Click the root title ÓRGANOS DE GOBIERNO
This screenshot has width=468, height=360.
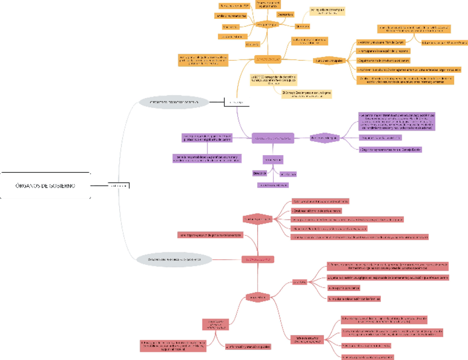pyautogui.click(x=46, y=186)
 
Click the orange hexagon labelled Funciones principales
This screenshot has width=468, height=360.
pyautogui.click(x=329, y=60)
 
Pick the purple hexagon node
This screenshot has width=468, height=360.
pyautogui.click(x=324, y=137)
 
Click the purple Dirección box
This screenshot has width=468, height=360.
pyautogui.click(x=260, y=173)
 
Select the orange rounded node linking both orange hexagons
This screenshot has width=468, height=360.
pyautogui.click(x=268, y=59)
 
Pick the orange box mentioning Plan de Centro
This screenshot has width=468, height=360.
pyautogui.click(x=381, y=42)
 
